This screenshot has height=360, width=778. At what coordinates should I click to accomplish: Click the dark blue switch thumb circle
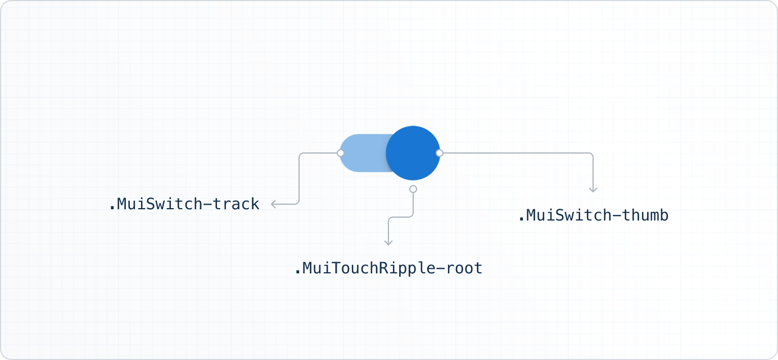[x=413, y=153]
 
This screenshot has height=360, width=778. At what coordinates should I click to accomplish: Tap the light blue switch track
[x=363, y=153]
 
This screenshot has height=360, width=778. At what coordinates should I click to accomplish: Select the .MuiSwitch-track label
[x=184, y=204]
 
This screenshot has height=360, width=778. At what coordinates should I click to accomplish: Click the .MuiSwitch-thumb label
[x=593, y=215]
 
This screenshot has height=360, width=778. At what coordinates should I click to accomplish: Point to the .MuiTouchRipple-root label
[x=388, y=268]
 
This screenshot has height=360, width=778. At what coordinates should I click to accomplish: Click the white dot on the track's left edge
[x=340, y=153]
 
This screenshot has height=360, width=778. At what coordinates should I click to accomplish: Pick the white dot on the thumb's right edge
[x=440, y=153]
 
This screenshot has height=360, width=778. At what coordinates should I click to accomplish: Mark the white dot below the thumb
[x=413, y=189]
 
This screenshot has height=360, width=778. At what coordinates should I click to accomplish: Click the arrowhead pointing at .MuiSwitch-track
[x=273, y=204]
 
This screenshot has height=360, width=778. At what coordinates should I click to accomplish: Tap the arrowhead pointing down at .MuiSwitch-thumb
[x=593, y=190]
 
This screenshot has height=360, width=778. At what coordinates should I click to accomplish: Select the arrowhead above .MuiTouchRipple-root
[x=388, y=242]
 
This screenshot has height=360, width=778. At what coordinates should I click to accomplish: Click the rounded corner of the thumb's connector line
[x=591, y=155]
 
